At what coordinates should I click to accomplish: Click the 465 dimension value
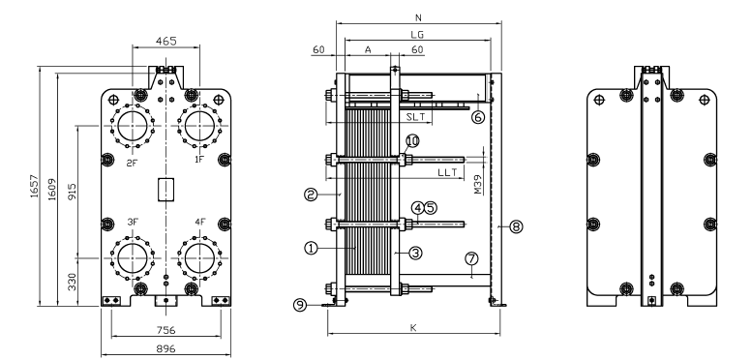coord(165,41)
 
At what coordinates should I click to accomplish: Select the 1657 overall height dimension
coord(34,187)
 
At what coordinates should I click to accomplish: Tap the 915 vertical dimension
coord(72,192)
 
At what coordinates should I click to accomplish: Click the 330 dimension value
coord(72,282)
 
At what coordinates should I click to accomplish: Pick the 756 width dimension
coord(165,330)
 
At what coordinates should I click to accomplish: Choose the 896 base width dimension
coord(165,348)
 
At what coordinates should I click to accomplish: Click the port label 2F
coord(132,163)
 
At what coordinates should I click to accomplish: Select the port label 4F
coord(200,222)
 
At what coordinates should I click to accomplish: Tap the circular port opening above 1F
coord(199,126)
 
